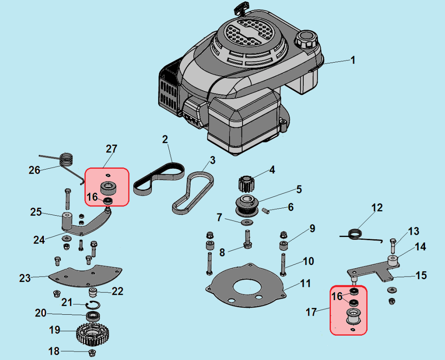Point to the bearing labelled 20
click(x=93, y=316)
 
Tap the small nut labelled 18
click(x=92, y=352)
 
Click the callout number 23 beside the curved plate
click(x=25, y=278)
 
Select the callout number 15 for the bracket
click(x=421, y=276)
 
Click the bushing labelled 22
click(x=93, y=293)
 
